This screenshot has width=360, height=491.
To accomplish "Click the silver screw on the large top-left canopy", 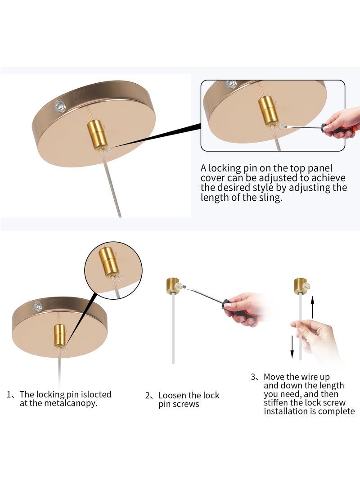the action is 59,106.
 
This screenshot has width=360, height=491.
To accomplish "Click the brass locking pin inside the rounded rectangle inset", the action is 268,111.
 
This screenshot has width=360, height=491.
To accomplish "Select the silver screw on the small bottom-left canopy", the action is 38,306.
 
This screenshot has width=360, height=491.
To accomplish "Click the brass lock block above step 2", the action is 172,285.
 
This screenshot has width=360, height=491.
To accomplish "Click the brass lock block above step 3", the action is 300,285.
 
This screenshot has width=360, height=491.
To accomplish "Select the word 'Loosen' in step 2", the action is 171,395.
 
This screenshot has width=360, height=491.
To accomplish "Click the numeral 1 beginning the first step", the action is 9,394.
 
